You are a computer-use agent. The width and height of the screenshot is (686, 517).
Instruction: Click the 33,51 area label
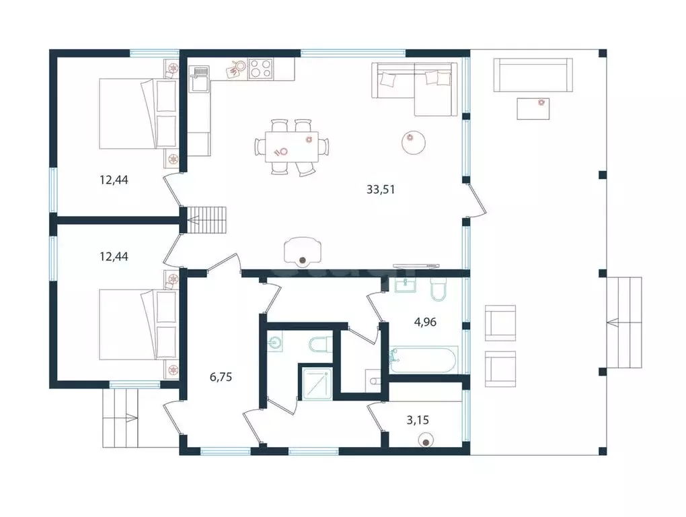tap(381, 190)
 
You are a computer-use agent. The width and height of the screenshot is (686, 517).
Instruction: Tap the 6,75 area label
tap(221, 376)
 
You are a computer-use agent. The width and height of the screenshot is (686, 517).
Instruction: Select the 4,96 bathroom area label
tap(425, 322)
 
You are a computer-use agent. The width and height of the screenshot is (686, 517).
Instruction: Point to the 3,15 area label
tap(418, 420)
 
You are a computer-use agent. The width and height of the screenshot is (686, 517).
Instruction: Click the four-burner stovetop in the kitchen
tap(260, 69)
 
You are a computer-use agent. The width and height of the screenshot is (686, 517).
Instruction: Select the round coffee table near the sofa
tap(414, 142)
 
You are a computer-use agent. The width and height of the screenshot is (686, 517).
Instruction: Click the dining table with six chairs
tap(292, 147)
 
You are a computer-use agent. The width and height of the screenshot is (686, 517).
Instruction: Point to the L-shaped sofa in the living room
tap(414, 90)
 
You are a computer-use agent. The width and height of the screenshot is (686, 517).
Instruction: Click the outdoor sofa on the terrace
tap(533, 75)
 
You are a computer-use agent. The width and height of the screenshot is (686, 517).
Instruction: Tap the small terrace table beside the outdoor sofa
tap(533, 108)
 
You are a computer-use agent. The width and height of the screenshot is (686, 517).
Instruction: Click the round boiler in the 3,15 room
tap(426, 440)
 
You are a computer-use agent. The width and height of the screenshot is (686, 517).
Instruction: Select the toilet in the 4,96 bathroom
tap(438, 289)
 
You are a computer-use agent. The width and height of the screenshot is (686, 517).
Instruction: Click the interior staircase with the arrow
tap(207, 220)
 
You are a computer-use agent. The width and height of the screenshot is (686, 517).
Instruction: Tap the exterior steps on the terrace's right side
tap(624, 322)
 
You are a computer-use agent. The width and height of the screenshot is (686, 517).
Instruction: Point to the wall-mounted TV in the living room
tap(416, 265)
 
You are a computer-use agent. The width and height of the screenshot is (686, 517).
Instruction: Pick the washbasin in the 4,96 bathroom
tap(406, 285)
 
